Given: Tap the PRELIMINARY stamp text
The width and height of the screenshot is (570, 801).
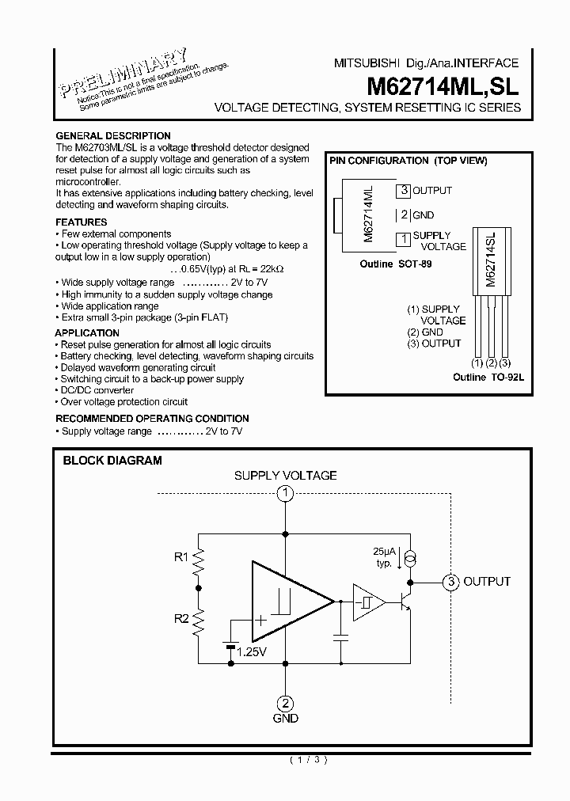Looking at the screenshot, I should pos(125,72).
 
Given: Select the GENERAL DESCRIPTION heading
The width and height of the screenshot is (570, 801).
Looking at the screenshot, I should pos(112,136).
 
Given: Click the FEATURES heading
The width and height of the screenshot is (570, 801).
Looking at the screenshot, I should pos(82,222).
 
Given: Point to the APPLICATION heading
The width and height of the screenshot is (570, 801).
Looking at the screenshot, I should pos(87,333).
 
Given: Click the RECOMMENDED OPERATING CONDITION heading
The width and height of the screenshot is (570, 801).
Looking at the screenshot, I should pos(152,418).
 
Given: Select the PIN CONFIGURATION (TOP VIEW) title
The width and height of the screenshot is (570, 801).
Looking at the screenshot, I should pos(408,161).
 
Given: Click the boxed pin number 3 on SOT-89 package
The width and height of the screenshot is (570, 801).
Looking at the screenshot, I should pos(404,190).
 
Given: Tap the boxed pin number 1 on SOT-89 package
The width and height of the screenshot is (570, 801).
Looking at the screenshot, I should pos(404,237).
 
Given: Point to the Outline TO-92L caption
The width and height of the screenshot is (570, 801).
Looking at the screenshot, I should pos(488,378).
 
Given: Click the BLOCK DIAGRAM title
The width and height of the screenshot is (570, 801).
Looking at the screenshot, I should pos(112,460).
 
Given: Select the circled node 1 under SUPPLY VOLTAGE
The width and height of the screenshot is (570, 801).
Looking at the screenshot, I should pos(285,494).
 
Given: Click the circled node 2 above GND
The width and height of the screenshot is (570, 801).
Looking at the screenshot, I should pos(285,702).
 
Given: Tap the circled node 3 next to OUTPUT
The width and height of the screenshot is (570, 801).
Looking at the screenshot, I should pos(450,582).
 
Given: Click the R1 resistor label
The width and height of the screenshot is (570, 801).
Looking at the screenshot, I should pos(181,557).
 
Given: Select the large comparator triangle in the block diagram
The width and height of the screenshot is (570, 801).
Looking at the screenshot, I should pos(285,602).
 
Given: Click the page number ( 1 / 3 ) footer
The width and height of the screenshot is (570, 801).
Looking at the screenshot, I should pos(309,760).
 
